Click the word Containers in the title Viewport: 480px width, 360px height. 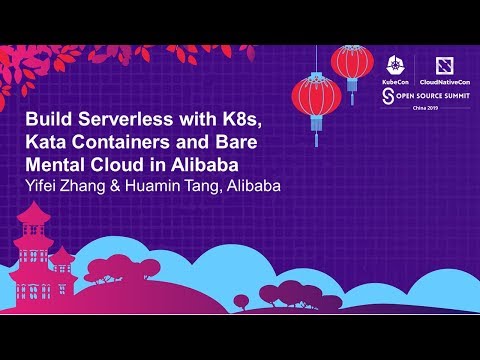coord(128,141)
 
